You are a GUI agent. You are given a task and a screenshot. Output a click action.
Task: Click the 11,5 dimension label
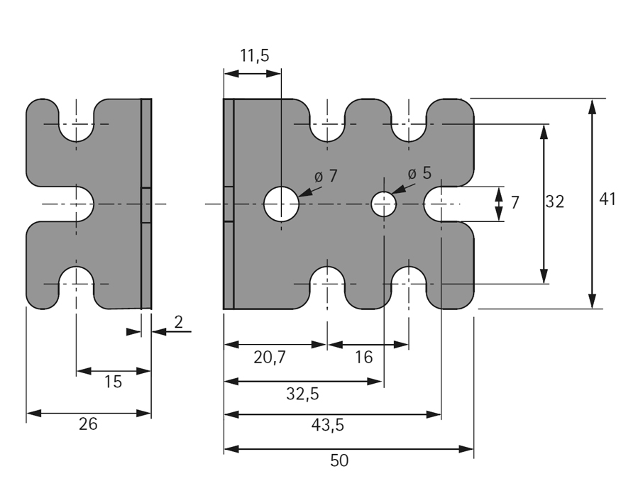(x=253, y=57)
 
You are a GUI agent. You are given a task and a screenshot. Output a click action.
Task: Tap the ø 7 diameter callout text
(x=326, y=176)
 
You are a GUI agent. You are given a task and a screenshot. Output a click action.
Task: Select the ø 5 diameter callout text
(x=419, y=173)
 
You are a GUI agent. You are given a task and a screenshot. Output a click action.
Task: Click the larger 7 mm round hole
(x=282, y=204)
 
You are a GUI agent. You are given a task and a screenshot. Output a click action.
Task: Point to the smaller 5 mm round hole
(x=384, y=204)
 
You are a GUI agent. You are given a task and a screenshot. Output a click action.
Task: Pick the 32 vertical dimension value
(x=555, y=201)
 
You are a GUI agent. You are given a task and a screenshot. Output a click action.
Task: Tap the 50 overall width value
(x=339, y=460)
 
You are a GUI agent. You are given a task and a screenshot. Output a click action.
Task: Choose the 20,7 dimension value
(x=270, y=358)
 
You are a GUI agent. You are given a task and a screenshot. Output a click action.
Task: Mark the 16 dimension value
(x=364, y=358)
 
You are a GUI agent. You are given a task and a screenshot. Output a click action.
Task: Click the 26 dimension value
(x=88, y=424)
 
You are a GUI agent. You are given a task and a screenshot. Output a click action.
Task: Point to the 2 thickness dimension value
(x=178, y=321)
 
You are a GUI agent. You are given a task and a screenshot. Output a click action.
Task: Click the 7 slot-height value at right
(x=515, y=203)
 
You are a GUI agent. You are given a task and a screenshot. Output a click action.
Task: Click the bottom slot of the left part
(x=76, y=287)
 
